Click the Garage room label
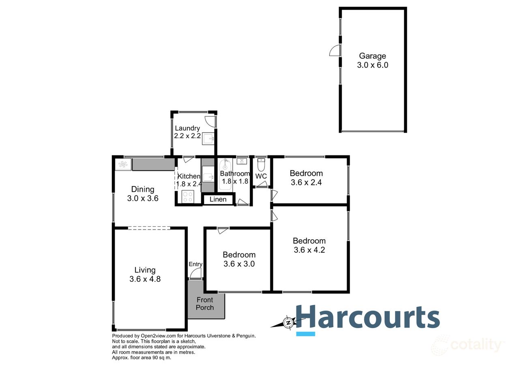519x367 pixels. pyautogui.click(x=373, y=56)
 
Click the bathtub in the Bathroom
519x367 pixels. pyautogui.click(x=225, y=175)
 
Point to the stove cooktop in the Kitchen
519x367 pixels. pyautogui.click(x=188, y=197)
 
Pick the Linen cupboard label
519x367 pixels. pyautogui.click(x=218, y=200)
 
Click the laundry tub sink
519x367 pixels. pyautogui.click(x=209, y=138)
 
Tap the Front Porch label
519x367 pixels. pyautogui.click(x=205, y=304)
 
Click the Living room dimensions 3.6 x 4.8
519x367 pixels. pyautogui.click(x=145, y=279)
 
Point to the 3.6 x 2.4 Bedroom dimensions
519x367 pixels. pyautogui.click(x=306, y=182)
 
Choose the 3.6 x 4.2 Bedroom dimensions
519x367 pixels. pyautogui.click(x=309, y=250)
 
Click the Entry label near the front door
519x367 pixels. pyautogui.click(x=195, y=264)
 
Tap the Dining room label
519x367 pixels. pyautogui.click(x=143, y=189)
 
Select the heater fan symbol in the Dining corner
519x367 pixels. pyautogui.click(x=123, y=164)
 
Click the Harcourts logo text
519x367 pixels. pyautogui.click(x=368, y=316)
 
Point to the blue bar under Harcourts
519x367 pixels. pyautogui.click(x=306, y=334)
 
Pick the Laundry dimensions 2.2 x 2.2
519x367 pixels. pyautogui.click(x=188, y=136)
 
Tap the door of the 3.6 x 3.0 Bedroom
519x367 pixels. pyautogui.click(x=222, y=231)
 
